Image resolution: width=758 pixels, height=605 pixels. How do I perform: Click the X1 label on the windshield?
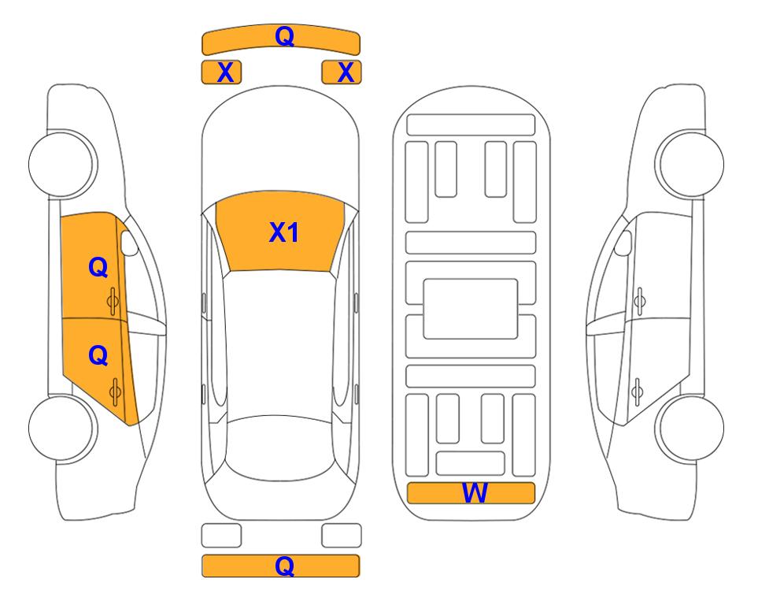(284, 232)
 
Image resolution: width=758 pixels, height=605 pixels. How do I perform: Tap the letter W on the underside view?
(475, 492)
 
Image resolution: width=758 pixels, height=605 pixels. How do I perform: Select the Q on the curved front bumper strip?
(284, 36)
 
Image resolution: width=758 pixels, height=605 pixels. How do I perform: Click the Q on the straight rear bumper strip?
(284, 566)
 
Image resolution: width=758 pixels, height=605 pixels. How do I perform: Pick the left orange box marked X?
(221, 72)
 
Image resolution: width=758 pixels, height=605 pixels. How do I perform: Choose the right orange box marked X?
(342, 72)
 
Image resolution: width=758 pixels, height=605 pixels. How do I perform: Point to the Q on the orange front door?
(98, 267)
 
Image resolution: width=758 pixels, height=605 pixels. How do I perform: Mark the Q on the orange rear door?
(98, 356)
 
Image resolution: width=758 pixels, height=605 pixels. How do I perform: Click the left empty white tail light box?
(221, 536)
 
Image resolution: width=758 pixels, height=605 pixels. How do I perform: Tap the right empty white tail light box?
(342, 536)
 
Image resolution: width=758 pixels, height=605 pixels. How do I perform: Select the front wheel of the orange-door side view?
(62, 164)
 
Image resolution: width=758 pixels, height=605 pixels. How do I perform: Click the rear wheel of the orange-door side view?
(62, 428)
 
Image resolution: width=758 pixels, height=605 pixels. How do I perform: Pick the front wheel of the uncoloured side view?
(690, 164)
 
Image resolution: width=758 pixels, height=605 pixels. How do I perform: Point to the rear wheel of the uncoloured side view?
(690, 428)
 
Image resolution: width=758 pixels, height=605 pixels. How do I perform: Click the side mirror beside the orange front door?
(128, 243)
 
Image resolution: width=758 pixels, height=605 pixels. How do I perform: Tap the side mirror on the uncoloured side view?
(623, 243)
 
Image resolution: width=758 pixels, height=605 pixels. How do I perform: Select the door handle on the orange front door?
(113, 301)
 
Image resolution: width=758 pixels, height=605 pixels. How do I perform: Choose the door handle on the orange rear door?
(115, 392)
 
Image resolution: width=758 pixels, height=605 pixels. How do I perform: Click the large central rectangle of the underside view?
(471, 309)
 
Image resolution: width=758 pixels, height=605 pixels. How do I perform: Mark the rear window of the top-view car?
(280, 447)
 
